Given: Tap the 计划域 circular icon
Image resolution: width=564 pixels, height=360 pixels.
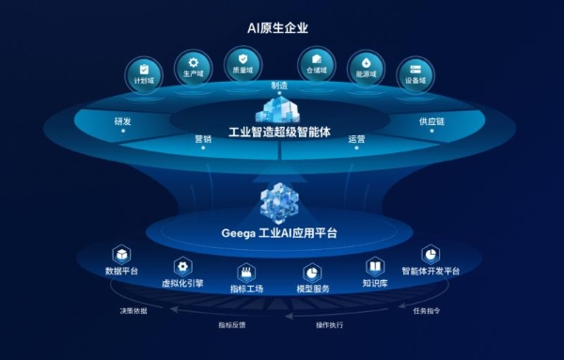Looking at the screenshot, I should [x=144, y=71].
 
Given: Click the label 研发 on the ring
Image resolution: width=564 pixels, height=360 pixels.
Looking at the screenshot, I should [x=123, y=121].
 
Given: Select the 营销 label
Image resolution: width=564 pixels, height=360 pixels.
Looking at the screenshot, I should [x=204, y=139].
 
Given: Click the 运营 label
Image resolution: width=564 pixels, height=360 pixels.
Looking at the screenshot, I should [x=356, y=139].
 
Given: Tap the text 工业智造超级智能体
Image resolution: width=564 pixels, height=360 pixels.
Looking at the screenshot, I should [x=281, y=131].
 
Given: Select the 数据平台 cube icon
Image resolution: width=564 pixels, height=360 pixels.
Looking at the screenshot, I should [x=121, y=255].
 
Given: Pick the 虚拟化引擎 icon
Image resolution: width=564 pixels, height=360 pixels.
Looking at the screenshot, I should [x=182, y=267].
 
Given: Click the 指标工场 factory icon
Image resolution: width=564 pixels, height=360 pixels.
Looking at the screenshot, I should [x=247, y=272].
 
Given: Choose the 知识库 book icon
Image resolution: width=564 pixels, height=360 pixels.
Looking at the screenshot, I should [x=375, y=266].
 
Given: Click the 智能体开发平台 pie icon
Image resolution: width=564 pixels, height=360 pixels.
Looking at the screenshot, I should [x=430, y=255].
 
